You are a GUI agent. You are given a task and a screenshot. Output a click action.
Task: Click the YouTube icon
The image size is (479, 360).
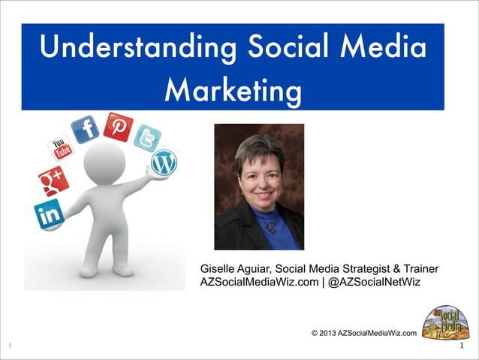click(60, 147)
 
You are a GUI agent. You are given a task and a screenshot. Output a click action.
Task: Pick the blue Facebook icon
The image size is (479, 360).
click(85, 129)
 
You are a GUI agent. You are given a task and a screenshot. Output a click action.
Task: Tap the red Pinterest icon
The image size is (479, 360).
click(118, 127)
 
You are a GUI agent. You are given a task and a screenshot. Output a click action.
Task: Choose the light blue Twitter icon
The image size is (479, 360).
click(147, 138)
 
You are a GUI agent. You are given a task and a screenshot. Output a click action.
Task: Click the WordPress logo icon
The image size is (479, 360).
click(163, 162)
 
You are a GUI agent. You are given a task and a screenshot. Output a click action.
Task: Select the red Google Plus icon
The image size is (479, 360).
click(53, 181)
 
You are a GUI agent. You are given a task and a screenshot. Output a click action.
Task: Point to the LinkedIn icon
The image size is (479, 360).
click(49, 214)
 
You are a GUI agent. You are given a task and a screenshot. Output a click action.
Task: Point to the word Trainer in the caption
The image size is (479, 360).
click(421, 268)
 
